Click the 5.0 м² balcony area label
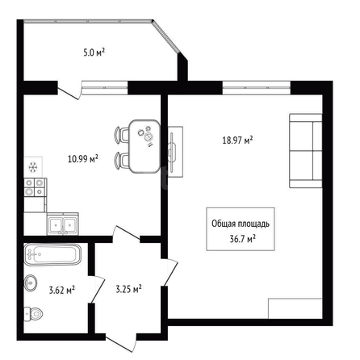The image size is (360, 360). [x=94, y=52]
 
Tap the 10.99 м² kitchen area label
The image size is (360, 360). [x=82, y=158]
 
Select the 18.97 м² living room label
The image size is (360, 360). [x=237, y=140]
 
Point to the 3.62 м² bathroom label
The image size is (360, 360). [x=61, y=290]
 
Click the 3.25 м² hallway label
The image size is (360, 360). [x=128, y=289]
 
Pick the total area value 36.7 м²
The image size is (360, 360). [x=242, y=239]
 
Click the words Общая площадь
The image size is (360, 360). [x=241, y=224]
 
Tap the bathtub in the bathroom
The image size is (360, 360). [x=52, y=254]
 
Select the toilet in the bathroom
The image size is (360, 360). [x=33, y=313]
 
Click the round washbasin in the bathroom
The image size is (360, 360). [x=31, y=283]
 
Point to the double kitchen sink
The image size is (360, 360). [x=63, y=224]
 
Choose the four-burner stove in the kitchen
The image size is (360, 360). [x=34, y=187]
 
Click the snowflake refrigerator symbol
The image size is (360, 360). [x=33, y=167]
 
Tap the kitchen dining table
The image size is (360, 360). [x=144, y=146]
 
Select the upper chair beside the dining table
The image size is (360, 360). [x=122, y=134]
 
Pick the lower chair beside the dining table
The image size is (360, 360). [x=122, y=160]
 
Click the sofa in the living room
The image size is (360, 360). [x=306, y=151]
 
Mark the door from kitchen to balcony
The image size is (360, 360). [x=69, y=91]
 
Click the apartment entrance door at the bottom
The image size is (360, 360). [x=120, y=341]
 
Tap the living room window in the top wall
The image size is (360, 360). [x=257, y=88]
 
